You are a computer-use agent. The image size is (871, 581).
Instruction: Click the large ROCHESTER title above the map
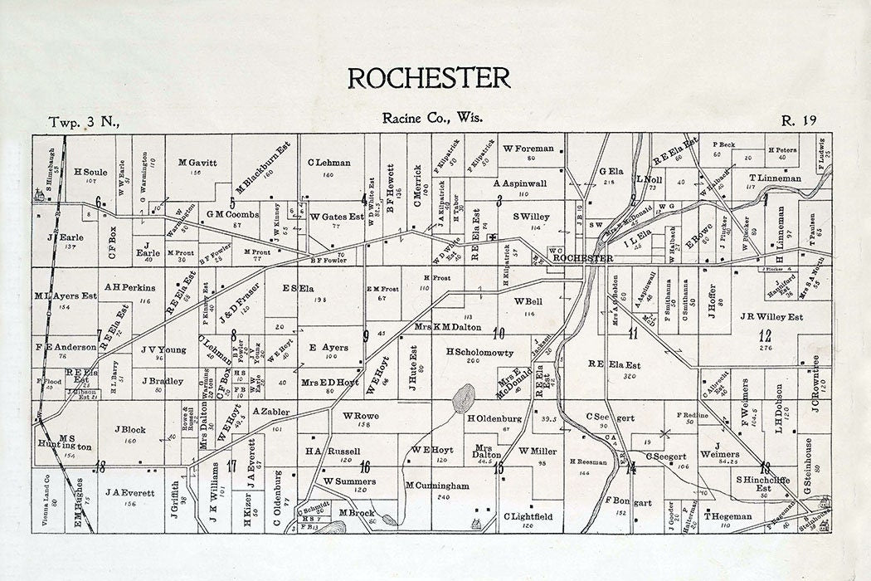coord(428,77)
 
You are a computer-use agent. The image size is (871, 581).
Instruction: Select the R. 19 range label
coord(800,121)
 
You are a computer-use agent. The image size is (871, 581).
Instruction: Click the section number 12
coord(764,336)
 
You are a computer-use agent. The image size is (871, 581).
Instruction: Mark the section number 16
coord(364,466)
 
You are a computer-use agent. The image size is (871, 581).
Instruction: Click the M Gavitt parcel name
coord(197,163)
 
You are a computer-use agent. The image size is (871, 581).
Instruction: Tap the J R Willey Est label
coord(771,316)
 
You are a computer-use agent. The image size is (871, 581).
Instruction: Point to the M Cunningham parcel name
coord(438,486)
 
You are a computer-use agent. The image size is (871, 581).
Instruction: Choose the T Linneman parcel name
coord(775,178)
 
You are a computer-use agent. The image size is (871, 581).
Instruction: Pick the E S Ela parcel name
coord(298,289)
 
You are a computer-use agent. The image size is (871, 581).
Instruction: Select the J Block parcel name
coord(134,430)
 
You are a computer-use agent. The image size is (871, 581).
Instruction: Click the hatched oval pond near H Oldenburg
coord(464,398)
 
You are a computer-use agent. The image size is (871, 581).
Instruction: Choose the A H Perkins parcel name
coord(130,287)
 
